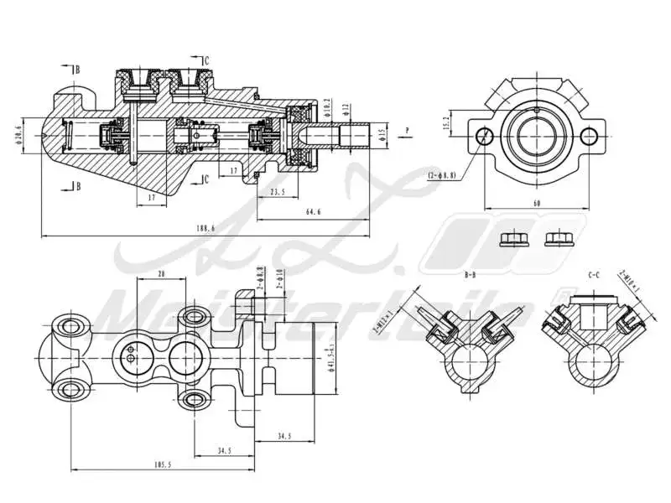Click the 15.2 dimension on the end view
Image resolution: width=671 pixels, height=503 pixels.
447,123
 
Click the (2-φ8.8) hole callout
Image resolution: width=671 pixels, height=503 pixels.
441,175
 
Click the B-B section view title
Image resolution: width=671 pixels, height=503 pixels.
470,274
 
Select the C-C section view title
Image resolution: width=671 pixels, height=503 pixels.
594,274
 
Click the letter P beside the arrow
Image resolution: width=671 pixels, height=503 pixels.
406,130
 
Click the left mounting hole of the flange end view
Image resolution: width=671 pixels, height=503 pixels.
481,136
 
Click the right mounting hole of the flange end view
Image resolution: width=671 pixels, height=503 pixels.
590,136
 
